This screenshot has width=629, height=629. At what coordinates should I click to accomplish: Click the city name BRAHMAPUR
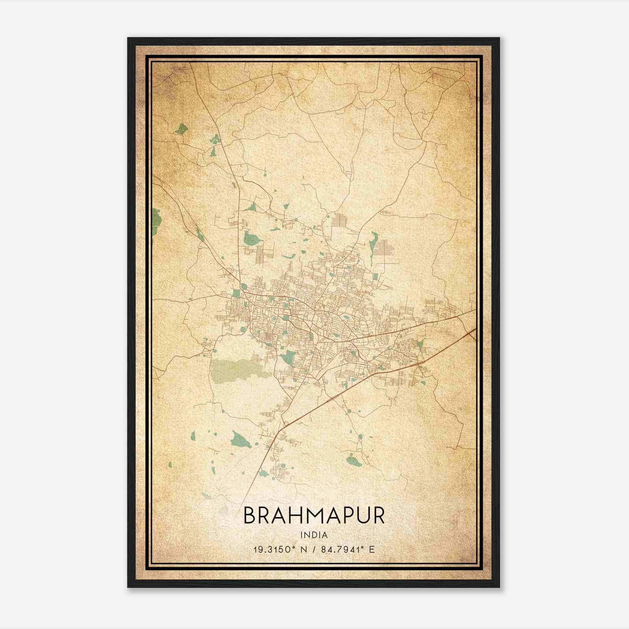click(x=314, y=515)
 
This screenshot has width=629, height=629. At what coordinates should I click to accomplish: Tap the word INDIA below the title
click(x=314, y=535)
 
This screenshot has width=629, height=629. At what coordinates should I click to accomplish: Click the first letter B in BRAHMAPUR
click(x=250, y=515)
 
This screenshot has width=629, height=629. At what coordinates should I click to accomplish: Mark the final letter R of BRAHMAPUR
click(x=378, y=515)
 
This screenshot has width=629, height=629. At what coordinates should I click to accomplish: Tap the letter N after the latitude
click(x=303, y=549)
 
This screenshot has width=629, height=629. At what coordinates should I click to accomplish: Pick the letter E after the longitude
click(x=372, y=549)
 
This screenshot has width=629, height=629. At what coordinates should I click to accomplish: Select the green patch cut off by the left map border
click(x=156, y=222)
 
